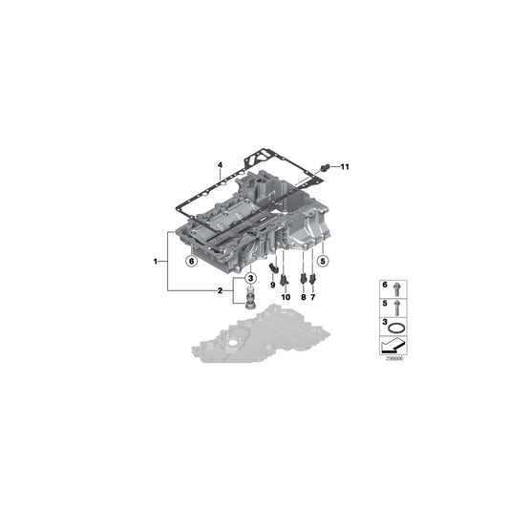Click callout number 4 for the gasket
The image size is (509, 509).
coord(220,166)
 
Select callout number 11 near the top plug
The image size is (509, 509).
coord(345,167)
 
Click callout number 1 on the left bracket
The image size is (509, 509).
coord(156,260)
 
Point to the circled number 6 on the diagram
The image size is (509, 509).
coord(190,260)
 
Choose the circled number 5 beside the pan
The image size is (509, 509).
coord(323,260)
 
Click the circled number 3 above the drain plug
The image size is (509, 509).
coord(250,277)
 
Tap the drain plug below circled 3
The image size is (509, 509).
coord(250,299)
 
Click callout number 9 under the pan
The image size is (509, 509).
coord(272,284)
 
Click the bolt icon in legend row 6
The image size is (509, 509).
coord(398,286)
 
